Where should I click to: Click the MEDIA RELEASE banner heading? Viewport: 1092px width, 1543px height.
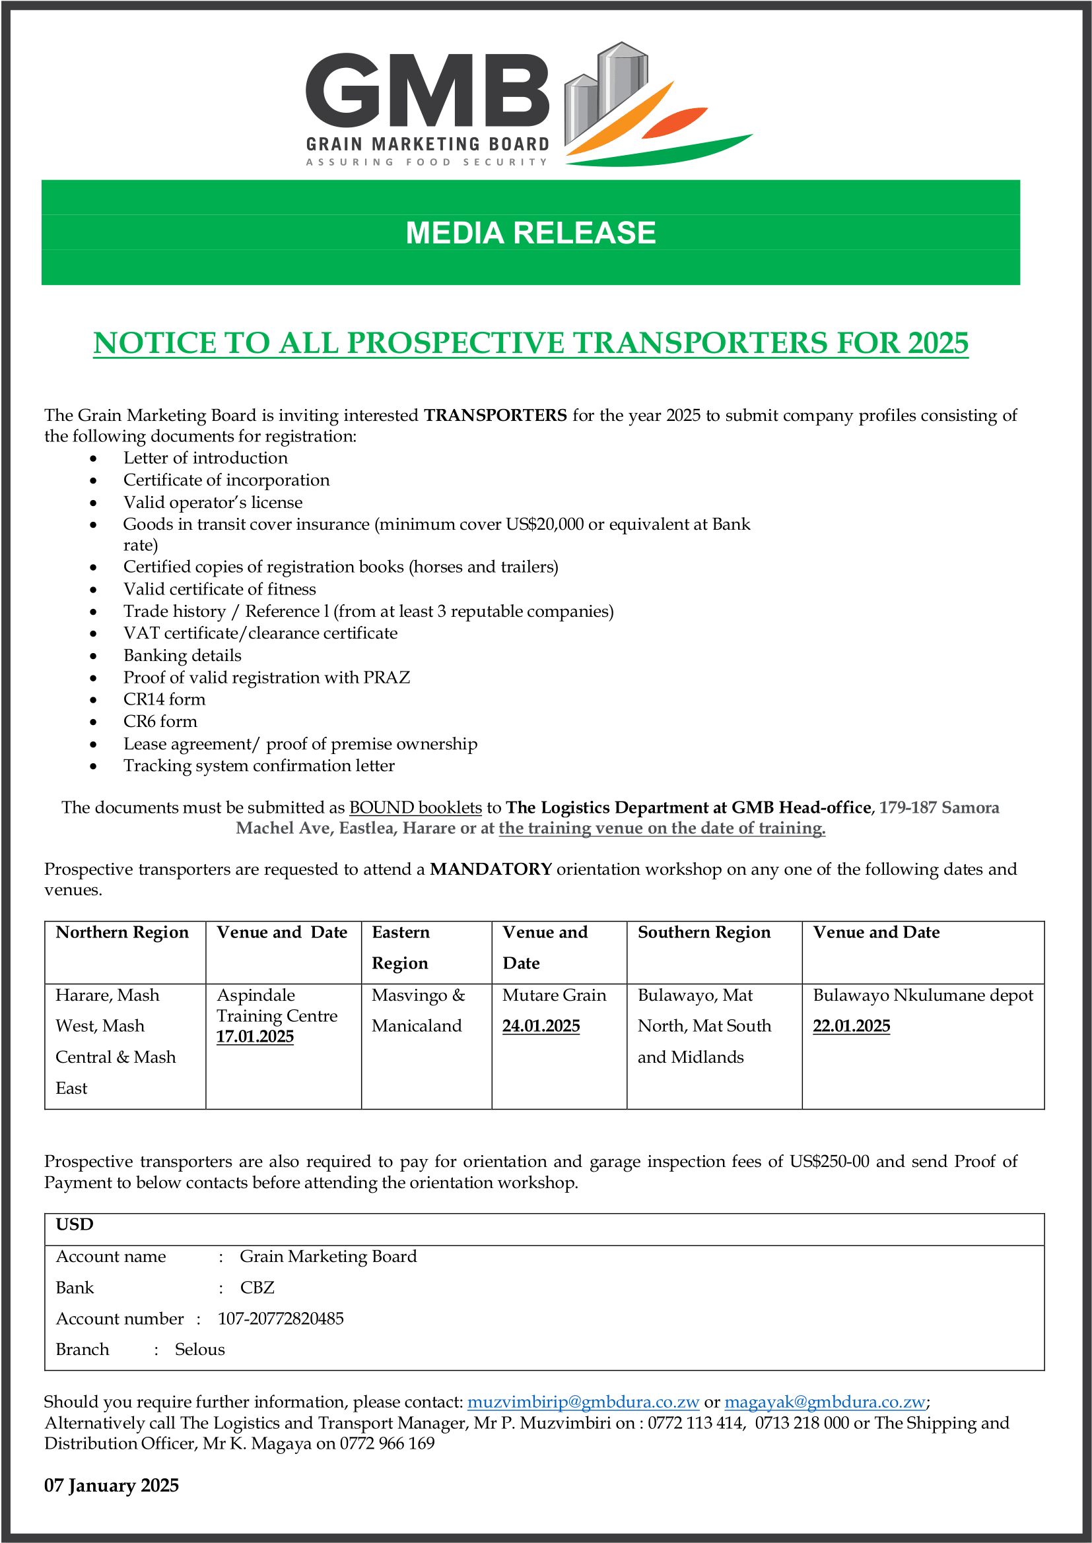(x=531, y=233)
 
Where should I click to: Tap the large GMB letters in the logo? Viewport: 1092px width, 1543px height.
(x=428, y=91)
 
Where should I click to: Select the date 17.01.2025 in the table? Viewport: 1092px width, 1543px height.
(x=255, y=1037)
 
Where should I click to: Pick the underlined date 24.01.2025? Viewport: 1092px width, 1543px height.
(x=541, y=1026)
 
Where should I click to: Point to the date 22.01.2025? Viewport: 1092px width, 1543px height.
(x=851, y=1026)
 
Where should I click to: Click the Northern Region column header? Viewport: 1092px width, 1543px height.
(x=122, y=932)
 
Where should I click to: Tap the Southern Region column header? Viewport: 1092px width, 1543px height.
(x=704, y=932)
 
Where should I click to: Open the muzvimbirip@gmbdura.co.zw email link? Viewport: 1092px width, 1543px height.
(x=583, y=1402)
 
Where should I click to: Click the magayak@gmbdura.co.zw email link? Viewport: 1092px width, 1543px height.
(x=825, y=1402)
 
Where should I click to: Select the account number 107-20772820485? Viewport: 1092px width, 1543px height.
(x=281, y=1319)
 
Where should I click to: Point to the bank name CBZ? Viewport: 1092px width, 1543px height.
(x=257, y=1288)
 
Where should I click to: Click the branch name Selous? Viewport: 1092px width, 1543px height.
(x=199, y=1350)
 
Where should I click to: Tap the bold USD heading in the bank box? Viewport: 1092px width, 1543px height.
(x=75, y=1224)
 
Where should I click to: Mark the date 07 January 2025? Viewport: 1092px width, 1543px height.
(x=112, y=1485)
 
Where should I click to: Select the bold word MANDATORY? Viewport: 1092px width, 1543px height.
(x=491, y=869)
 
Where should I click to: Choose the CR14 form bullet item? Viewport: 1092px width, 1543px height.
(x=164, y=699)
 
